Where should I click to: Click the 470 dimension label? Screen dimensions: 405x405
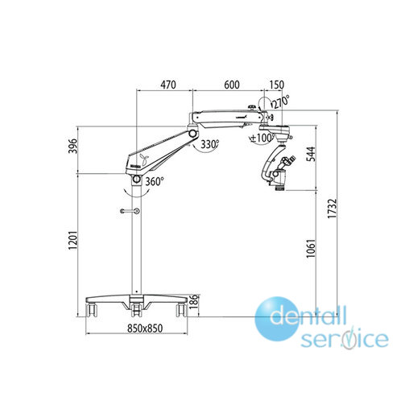(x=168, y=85)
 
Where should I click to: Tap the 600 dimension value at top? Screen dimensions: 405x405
(x=232, y=85)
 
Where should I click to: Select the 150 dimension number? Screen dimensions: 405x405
(x=276, y=85)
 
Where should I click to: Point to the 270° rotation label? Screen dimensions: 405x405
(x=281, y=101)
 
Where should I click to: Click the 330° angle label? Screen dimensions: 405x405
(x=210, y=144)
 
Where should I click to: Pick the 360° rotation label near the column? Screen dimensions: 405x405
(x=155, y=182)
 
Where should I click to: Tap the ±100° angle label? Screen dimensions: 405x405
(x=262, y=138)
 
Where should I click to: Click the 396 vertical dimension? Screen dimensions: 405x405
(x=72, y=146)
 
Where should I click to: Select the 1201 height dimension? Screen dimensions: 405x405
(x=72, y=240)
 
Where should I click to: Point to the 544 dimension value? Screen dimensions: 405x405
(x=311, y=154)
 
